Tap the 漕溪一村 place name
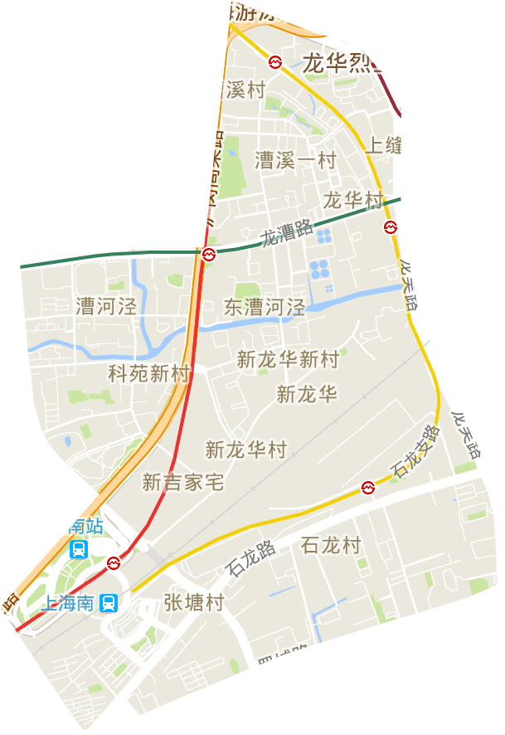point(295,159)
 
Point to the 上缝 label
point(384,146)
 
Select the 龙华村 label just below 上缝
point(354,201)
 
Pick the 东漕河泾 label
point(265,307)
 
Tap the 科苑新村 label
point(149,373)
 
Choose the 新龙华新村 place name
point(288,359)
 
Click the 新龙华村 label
point(246,450)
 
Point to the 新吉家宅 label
point(183,482)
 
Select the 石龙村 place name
point(331,545)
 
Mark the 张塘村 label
point(193,602)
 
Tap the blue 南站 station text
point(85,525)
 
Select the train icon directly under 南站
point(80,548)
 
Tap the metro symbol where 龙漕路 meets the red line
point(211,252)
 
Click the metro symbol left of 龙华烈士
point(274,61)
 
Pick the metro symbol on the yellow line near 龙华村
point(390,226)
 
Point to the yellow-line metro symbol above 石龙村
point(368,487)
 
